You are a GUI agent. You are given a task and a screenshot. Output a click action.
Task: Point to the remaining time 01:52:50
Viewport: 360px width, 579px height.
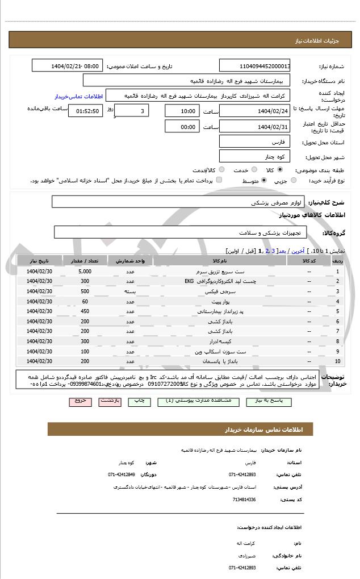(85, 111)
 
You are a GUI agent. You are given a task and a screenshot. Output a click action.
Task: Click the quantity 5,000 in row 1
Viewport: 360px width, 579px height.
(85, 272)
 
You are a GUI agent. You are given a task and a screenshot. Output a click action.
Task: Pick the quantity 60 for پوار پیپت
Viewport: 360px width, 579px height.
(85, 301)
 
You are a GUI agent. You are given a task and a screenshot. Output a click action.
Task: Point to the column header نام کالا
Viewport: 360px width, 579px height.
(220, 261)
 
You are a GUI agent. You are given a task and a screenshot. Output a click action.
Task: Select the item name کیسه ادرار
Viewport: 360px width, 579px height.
(220, 341)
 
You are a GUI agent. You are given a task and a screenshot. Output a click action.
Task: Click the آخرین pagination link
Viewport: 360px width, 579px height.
(296, 251)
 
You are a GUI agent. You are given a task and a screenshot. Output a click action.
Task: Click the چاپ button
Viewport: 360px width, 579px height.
(139, 401)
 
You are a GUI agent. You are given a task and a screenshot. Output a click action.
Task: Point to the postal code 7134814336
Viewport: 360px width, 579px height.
(244, 499)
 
